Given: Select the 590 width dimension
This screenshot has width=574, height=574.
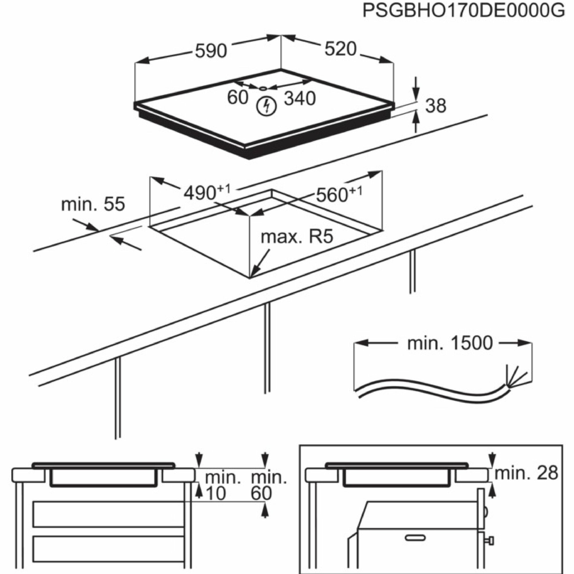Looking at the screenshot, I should point(211,51).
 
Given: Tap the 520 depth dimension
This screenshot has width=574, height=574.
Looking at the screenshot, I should point(340,49).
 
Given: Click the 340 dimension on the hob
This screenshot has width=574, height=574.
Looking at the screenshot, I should point(299,98).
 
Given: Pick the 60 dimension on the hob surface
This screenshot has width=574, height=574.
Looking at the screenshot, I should point(237,97).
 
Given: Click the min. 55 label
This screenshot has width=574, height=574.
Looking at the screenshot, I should point(93,204).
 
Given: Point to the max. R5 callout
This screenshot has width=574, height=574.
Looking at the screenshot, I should point(297,237).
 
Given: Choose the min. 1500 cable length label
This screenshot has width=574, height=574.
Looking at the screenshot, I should point(449,344).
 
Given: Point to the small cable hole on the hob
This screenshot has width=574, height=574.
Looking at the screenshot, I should point(263,88).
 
